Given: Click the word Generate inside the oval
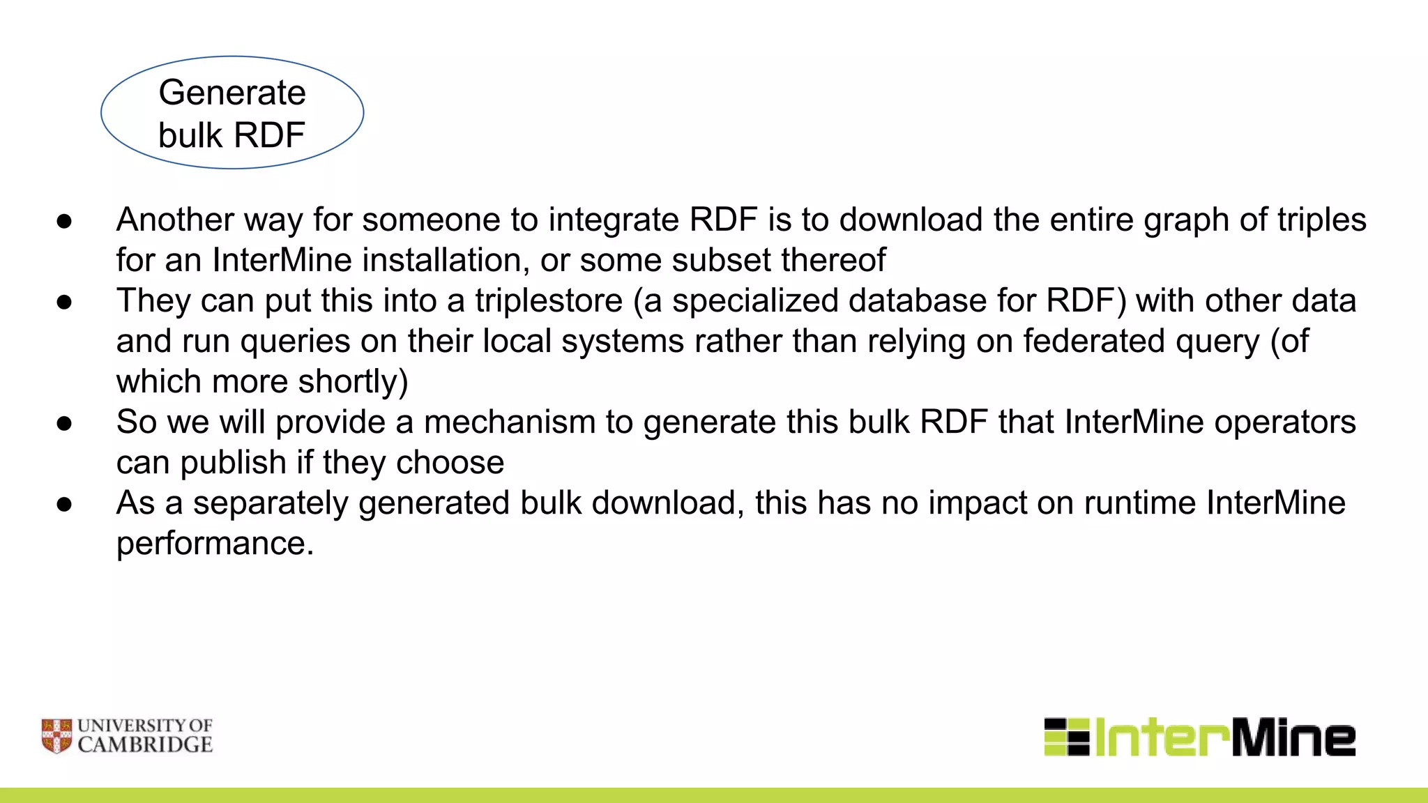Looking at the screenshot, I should tap(232, 93).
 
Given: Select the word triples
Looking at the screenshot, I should tap(1321, 220).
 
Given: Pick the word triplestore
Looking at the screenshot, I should tap(549, 301).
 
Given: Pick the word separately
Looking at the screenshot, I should tap(270, 503).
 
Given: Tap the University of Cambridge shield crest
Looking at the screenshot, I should tap(56, 736).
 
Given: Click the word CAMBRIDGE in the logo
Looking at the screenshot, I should tap(145, 745).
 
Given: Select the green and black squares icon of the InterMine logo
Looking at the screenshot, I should tap(1066, 737).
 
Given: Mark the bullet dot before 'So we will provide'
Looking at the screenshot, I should tap(65, 423).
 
